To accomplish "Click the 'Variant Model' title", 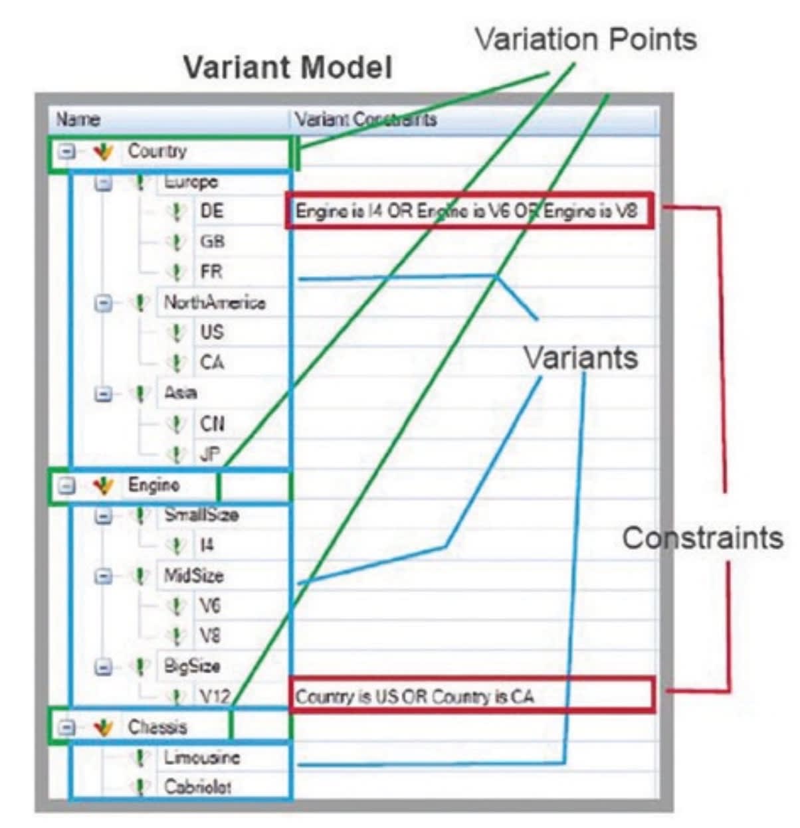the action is [x=287, y=68].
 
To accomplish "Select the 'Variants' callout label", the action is [x=581, y=358].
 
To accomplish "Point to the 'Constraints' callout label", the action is [x=702, y=537].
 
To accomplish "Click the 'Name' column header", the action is [x=78, y=120].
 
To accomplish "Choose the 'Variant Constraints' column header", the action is [x=366, y=120].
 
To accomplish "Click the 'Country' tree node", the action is [x=157, y=151].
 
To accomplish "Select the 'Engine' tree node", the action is [x=153, y=485].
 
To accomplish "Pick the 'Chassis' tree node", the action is [x=157, y=727].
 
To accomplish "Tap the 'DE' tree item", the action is [x=212, y=212].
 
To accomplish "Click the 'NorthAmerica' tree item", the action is [x=215, y=303].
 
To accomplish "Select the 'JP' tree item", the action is [x=210, y=455].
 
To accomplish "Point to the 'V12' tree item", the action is [x=215, y=697].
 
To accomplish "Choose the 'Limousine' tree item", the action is [x=202, y=758].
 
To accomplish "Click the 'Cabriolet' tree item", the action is [x=198, y=787].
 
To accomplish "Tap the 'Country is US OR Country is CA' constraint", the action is [x=415, y=697].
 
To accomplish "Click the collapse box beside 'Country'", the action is [x=65, y=152].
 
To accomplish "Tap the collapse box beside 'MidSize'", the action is [x=103, y=576].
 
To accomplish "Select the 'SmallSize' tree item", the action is [x=201, y=515].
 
